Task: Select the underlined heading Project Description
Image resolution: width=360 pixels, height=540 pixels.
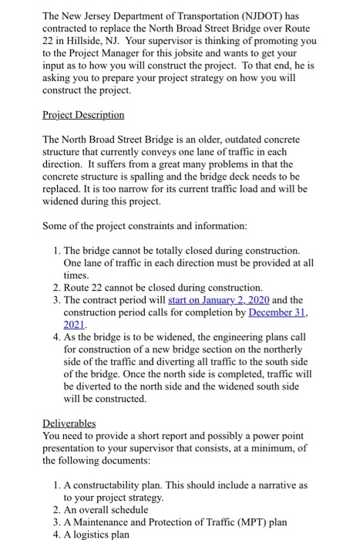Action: tap(82, 115)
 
